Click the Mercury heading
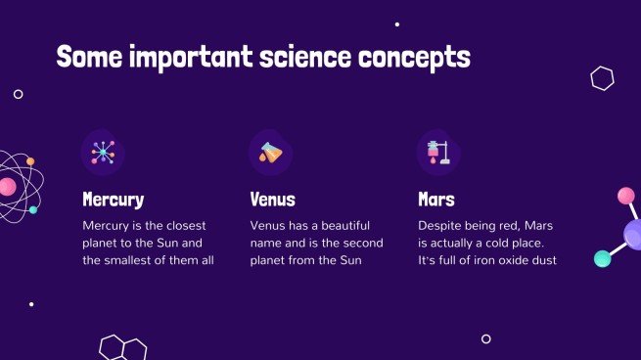click(x=113, y=200)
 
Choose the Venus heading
click(x=272, y=200)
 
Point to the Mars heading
click(x=435, y=200)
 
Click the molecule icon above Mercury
click(x=103, y=152)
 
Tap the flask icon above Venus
click(x=270, y=152)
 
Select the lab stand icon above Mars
click(x=437, y=152)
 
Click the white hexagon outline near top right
click(x=603, y=78)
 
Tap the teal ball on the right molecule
click(x=602, y=258)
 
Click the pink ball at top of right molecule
click(x=626, y=196)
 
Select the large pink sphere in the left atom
click(x=7, y=186)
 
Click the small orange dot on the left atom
click(x=30, y=161)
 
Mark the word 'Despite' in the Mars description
click(x=440, y=225)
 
